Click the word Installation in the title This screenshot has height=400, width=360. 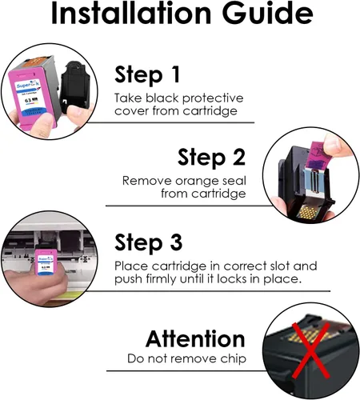point(131,13)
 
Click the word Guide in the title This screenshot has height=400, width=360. point(267,13)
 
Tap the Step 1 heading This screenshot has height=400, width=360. point(147,75)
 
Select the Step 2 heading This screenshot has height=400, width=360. point(211,158)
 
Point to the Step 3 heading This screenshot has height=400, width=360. point(149,243)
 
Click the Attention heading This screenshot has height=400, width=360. point(195,339)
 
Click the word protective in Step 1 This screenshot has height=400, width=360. point(213,98)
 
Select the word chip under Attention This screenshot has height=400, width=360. point(233,359)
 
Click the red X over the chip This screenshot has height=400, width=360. point(310,350)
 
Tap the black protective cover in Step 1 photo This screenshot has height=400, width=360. point(74,85)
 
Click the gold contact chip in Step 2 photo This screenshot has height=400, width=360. point(309,212)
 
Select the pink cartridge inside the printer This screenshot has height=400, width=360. point(46,262)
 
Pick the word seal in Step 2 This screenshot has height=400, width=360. point(234,181)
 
